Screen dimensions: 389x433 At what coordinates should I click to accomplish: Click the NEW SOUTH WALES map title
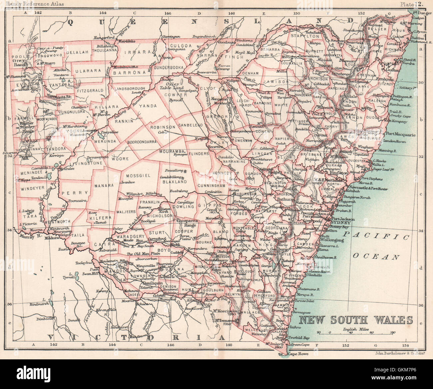pyautogui.click(x=355, y=320)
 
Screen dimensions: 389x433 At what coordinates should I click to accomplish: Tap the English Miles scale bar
pyautogui.click(x=355, y=332)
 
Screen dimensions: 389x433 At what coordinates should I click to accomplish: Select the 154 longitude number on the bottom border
pyautogui.click(x=406, y=345)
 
